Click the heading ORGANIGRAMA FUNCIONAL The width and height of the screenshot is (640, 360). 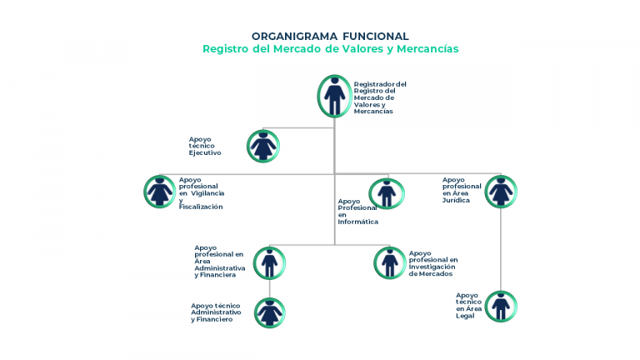[x=330, y=37]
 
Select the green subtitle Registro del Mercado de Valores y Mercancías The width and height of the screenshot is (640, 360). [x=331, y=49]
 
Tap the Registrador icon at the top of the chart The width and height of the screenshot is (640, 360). [x=335, y=97]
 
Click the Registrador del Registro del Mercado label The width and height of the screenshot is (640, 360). [x=380, y=97]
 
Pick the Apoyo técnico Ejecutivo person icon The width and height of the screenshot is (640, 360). [x=263, y=146]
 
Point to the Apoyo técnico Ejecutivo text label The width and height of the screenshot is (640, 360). [x=205, y=146]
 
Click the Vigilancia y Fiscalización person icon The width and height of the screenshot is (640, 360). [x=160, y=192]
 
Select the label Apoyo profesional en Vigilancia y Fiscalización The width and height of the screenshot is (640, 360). [x=202, y=193]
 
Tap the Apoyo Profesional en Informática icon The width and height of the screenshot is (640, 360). [x=387, y=193]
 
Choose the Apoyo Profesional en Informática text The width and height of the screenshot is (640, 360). [x=358, y=212]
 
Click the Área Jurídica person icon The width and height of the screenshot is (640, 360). [x=501, y=192]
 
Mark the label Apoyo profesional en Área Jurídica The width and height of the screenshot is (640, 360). [x=462, y=190]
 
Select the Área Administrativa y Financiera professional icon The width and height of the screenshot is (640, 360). [x=269, y=263]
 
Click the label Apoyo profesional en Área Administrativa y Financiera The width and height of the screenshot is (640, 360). [x=220, y=261]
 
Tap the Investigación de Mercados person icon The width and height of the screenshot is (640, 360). [x=390, y=262]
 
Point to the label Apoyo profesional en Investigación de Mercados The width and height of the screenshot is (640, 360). [x=433, y=263]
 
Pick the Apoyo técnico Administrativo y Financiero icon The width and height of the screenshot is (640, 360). [x=270, y=313]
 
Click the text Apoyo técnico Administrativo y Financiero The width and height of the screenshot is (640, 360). [x=216, y=312]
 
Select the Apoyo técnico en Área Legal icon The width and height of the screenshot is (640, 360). [x=501, y=306]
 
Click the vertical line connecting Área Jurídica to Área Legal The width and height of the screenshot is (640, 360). [x=501, y=249]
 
